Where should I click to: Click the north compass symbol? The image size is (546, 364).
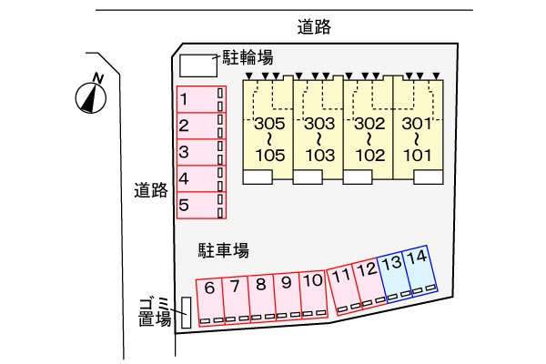pos(91,97)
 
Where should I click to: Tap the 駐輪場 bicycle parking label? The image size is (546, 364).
pos(248,57)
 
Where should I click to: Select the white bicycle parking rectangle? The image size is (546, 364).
pos(198,66)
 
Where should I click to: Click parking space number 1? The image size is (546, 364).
pos(201,99)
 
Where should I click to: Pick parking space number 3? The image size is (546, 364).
pos(201,152)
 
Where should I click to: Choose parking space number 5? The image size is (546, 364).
pos(201,205)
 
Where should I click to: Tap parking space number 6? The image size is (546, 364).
pos(211,302)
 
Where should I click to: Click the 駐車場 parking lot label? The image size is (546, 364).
pos(224,250)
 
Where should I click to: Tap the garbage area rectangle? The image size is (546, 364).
pos(187,312)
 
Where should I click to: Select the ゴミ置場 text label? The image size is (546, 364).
pos(155,312)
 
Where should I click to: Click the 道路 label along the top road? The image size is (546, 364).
pos(314,26)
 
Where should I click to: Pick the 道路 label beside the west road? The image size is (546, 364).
pos(151,190)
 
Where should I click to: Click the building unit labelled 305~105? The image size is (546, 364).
pos(268,130)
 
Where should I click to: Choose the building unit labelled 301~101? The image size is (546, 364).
pos(419,130)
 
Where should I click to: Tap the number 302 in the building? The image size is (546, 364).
pos(369,124)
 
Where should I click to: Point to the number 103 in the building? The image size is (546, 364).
pos(320,156)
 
